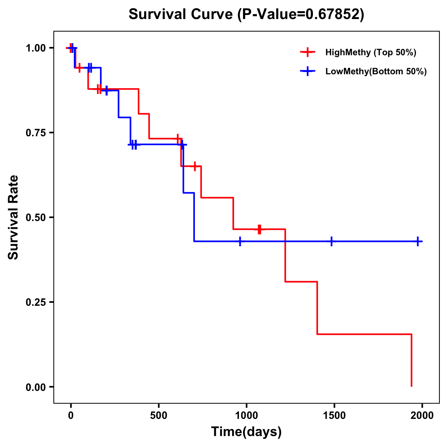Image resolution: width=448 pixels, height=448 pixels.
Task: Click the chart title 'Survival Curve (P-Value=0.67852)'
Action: click(246, 14)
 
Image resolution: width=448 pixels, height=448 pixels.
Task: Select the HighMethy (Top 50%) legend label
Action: click(371, 52)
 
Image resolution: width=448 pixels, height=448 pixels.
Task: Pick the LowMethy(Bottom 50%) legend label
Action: click(376, 71)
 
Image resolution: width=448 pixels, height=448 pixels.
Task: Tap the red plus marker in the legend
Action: click(307, 52)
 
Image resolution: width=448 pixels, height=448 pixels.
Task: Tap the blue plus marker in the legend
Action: click(307, 71)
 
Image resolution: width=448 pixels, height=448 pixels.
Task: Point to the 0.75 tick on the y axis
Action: click(35, 133)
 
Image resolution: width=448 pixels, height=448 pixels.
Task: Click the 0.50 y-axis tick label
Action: click(35, 217)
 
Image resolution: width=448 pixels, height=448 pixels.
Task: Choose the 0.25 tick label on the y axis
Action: click(35, 302)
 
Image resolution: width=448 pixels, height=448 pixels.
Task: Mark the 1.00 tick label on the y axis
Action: click(35, 48)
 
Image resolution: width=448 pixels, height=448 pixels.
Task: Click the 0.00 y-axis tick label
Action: click(35, 387)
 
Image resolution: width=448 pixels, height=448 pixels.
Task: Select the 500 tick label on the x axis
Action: click(159, 416)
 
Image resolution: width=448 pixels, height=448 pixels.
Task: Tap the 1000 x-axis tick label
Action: click(246, 416)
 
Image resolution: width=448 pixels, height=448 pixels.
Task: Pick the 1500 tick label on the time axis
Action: click(334, 416)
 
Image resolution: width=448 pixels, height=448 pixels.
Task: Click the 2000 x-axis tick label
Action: click(422, 416)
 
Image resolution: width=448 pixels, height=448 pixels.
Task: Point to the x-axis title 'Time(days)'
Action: click(246, 432)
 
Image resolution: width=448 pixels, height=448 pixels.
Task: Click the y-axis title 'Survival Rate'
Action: click(13, 217)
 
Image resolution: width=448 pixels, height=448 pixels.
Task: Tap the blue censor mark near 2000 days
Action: click(418, 242)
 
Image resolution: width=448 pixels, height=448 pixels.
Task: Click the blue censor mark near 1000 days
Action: click(240, 242)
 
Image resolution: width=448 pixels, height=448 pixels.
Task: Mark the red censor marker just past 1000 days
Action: click(259, 229)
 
